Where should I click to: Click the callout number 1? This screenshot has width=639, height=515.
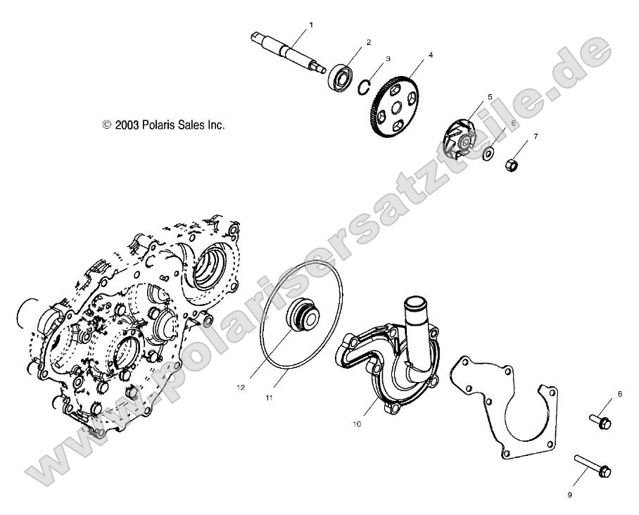pos(311,25)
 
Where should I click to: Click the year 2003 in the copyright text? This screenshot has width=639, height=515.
pos(125,125)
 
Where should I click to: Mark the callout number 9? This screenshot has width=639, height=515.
pos(569,495)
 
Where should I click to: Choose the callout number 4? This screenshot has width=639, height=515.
pos(431,55)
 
